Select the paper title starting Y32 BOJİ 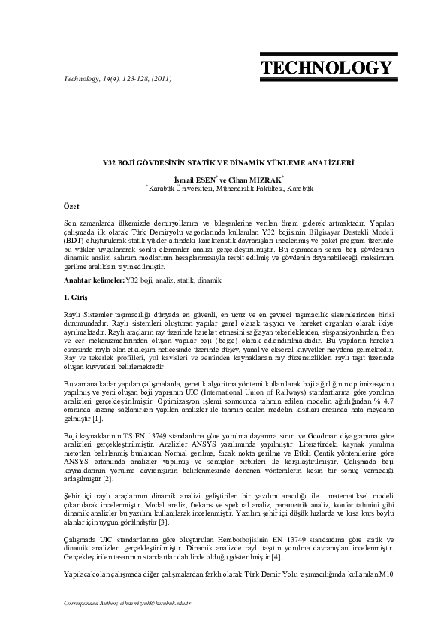tap(223, 162)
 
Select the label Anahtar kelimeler tap(94, 280)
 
